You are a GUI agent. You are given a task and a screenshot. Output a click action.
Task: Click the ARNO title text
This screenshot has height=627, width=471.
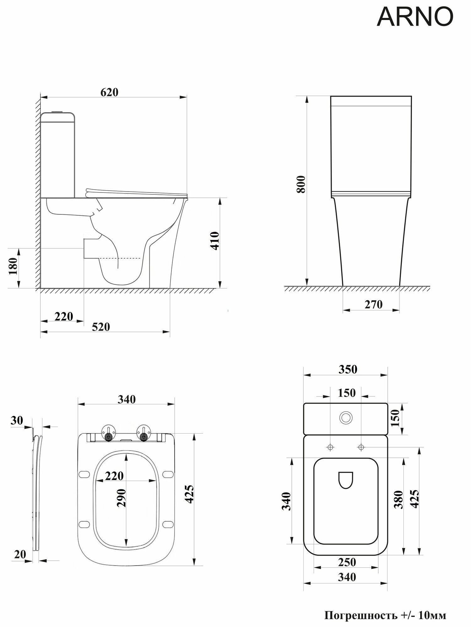(415, 17)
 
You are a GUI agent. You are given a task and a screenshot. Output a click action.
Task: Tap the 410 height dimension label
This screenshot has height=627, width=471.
(215, 240)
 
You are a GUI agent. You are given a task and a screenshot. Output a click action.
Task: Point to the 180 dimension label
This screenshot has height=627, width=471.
(14, 266)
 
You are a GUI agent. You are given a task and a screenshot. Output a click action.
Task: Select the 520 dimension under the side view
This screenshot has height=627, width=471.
(101, 327)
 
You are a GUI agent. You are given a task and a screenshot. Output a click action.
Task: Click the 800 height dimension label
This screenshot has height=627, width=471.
(300, 184)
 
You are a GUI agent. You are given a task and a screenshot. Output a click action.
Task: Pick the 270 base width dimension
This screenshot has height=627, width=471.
(373, 304)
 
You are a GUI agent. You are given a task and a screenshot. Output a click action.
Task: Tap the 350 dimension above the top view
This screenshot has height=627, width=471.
(348, 370)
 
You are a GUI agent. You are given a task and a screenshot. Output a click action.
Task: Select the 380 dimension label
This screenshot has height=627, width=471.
(398, 499)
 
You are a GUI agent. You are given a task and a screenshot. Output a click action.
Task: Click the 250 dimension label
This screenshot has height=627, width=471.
(347, 562)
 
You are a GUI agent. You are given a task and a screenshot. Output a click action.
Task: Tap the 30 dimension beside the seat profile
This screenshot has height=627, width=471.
(16, 420)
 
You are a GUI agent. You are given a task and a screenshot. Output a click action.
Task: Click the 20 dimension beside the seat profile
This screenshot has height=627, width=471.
(20, 554)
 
